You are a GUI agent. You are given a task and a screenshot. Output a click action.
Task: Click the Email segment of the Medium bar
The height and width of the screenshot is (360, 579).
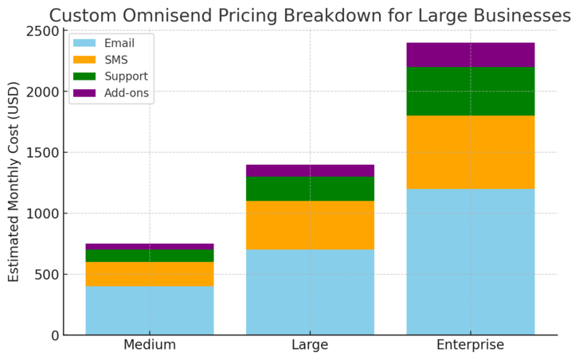click(150, 311)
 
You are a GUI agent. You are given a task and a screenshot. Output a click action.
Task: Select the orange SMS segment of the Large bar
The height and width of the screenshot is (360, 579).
click(310, 225)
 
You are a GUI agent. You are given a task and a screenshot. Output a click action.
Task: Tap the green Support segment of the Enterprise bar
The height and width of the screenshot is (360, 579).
click(470, 92)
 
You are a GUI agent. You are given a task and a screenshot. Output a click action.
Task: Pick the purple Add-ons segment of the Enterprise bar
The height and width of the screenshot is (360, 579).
click(470, 55)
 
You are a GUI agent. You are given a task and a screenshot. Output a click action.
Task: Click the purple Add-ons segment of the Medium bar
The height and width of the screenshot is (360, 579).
click(150, 247)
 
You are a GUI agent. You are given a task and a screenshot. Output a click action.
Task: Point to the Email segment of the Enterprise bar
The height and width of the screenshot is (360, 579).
click(470, 262)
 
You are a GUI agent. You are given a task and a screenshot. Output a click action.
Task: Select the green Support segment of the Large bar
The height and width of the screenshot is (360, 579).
click(310, 189)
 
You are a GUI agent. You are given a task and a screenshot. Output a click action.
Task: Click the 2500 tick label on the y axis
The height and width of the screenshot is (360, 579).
click(43, 31)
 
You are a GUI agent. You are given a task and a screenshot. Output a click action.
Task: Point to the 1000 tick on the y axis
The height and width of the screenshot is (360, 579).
click(43, 213)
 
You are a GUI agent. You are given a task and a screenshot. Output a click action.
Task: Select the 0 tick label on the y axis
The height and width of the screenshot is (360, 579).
click(54, 335)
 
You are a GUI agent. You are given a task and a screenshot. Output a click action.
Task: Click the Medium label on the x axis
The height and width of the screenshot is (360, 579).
click(150, 346)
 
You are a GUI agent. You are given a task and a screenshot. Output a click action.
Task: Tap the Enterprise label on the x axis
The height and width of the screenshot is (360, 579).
click(470, 346)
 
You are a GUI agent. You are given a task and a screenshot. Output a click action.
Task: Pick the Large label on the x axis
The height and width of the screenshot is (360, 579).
click(310, 346)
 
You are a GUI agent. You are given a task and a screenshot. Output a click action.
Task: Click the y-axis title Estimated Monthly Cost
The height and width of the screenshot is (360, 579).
click(14, 183)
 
